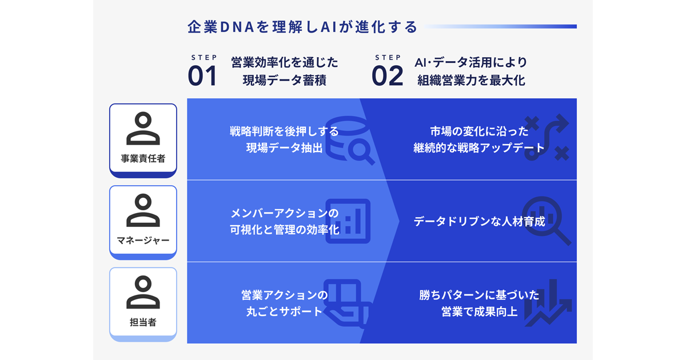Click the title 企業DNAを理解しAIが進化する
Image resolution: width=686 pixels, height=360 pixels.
coord(302,27)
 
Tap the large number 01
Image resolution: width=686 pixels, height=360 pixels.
coord(202,77)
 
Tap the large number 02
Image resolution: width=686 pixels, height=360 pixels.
coord(387,77)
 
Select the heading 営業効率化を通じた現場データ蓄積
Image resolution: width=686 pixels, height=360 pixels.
coord(285,71)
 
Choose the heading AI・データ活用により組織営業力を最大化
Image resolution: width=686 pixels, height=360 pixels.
coord(471,71)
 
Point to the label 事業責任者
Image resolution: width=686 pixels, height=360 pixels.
coord(143,159)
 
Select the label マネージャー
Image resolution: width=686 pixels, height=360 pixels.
coord(143,241)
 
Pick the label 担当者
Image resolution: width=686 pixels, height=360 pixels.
coord(143,322)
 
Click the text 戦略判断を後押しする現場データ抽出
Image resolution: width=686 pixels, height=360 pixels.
coord(285,139)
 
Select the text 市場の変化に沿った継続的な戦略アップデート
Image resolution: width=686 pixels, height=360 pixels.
coord(479,139)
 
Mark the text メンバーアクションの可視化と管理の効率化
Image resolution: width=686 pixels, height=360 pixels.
coord(285,222)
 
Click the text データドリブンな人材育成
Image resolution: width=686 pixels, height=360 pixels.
coord(479,222)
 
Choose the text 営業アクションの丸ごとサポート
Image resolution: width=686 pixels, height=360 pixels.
coord(285,303)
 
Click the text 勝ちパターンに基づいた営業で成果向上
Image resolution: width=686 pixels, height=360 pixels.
coord(479,303)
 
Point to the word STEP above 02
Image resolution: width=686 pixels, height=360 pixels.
coord(388,57)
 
